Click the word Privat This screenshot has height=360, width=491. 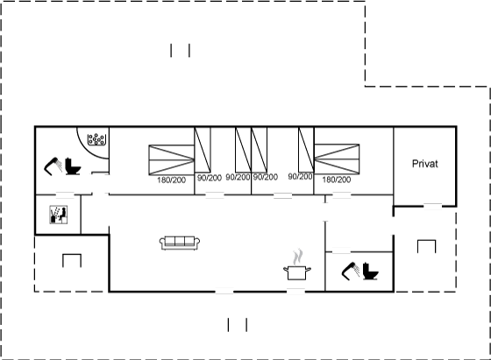tap(424, 164)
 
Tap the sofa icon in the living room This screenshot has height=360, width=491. tap(180, 243)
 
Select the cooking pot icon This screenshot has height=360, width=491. tap(297, 272)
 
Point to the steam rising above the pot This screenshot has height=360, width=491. tap(298, 257)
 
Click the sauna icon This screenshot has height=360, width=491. tap(59, 215)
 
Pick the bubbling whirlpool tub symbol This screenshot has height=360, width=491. tap(96, 139)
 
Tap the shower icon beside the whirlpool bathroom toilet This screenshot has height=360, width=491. tap(53, 166)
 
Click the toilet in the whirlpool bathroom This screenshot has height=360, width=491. tap(73, 166)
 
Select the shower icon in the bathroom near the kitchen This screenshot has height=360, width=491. tap(351, 271)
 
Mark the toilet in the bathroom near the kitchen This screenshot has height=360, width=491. tap(370, 272)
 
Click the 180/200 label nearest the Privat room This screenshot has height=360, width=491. tap(337, 180)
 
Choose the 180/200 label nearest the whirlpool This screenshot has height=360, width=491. tap(171, 180)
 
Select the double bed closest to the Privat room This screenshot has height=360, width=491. tap(337, 159)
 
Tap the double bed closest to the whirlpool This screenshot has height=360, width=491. tap(171, 159)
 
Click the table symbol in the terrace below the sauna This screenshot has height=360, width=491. tap(72, 260)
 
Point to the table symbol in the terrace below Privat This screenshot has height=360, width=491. tap(426, 246)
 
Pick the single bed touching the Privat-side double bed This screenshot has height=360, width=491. tap(306, 150)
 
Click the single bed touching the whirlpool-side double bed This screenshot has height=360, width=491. tap(203, 150)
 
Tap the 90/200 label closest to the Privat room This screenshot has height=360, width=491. tap(300, 176)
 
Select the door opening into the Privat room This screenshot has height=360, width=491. tap(432, 207)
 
